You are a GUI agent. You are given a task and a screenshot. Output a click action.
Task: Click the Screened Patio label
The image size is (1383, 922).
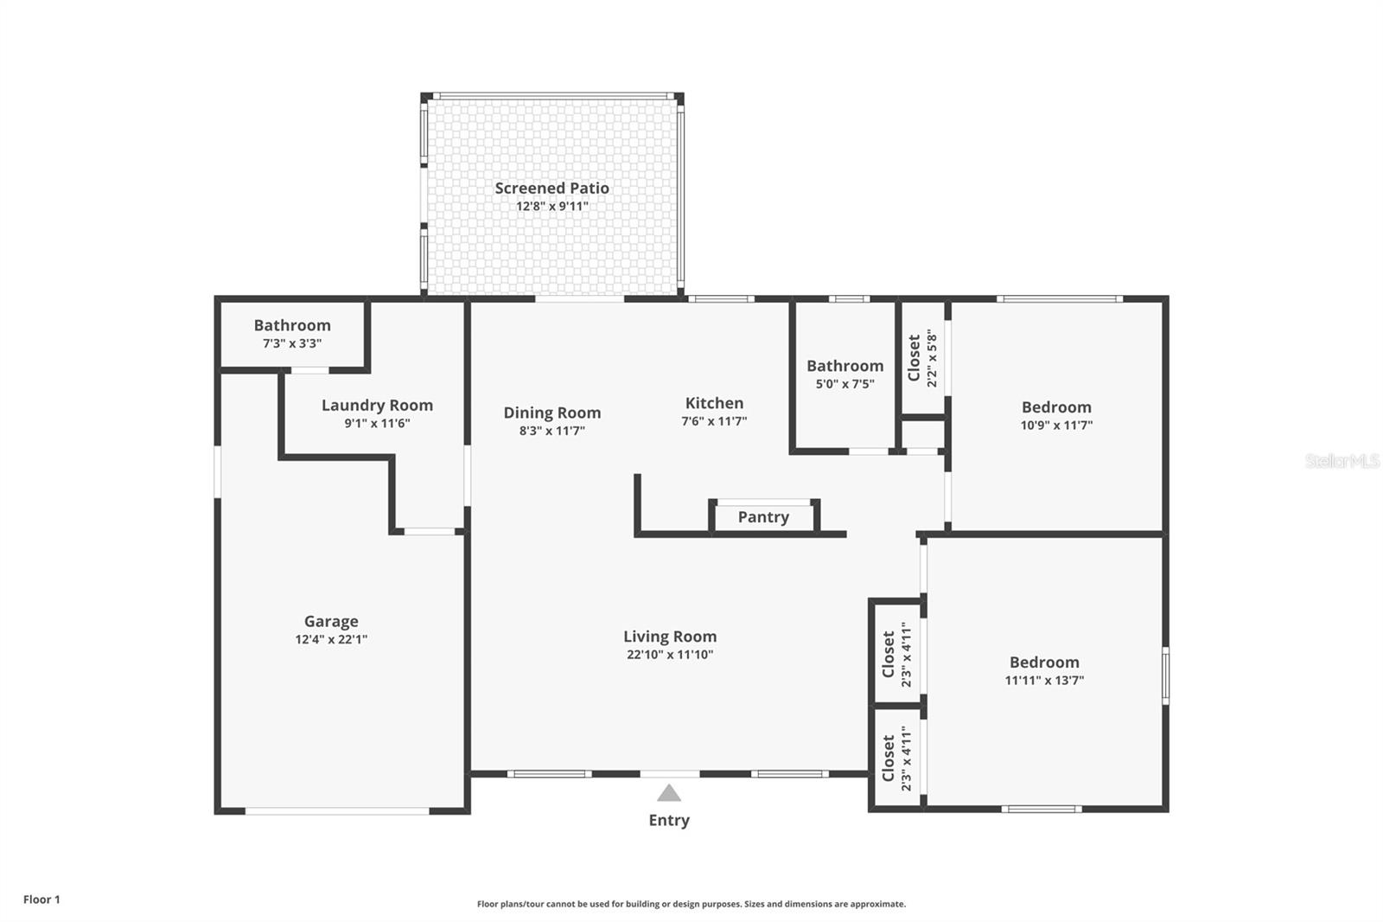pyautogui.click(x=551, y=188)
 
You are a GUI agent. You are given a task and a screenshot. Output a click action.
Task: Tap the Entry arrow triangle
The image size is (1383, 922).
pyautogui.click(x=668, y=793)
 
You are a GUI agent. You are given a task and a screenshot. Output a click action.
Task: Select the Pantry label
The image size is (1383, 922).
pyautogui.click(x=763, y=517)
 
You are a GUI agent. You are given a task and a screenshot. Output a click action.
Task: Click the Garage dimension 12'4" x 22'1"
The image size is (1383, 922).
pyautogui.click(x=331, y=640)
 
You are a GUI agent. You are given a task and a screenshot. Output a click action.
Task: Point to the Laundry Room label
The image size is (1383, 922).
pyautogui.click(x=377, y=405)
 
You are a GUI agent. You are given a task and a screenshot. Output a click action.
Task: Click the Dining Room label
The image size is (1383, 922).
pyautogui.click(x=551, y=413)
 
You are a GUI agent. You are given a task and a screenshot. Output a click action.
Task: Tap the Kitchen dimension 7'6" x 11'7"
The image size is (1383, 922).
pyautogui.click(x=714, y=421)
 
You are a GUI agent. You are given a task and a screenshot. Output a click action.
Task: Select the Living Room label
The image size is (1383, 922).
pyautogui.click(x=670, y=637)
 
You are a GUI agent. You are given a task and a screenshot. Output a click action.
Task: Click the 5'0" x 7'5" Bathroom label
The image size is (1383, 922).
pyautogui.click(x=844, y=366)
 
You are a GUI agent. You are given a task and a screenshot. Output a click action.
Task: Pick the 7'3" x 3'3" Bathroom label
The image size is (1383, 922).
pyautogui.click(x=292, y=325)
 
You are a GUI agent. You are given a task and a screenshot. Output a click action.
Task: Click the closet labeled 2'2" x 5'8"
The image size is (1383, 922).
pyautogui.click(x=921, y=358)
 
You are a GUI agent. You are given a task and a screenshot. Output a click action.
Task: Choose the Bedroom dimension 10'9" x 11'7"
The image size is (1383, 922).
pyautogui.click(x=1056, y=426)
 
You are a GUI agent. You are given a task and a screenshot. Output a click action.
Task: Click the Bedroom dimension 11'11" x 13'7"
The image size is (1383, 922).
pyautogui.click(x=1044, y=681)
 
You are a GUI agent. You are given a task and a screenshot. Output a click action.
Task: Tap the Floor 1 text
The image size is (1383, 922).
pyautogui.click(x=41, y=900)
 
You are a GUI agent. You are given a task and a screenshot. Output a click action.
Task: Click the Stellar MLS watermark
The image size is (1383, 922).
pyautogui.click(x=1342, y=461)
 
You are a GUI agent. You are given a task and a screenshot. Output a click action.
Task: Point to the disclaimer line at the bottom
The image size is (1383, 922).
pyautogui.click(x=691, y=904)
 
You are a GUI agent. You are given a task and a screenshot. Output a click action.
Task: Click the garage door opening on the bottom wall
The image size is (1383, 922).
pyautogui.click(x=337, y=810)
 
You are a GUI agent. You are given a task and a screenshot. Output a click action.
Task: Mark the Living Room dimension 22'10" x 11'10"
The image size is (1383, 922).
pyautogui.click(x=670, y=655)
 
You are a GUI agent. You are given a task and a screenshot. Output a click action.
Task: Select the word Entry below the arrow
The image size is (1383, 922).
pyautogui.click(x=669, y=820)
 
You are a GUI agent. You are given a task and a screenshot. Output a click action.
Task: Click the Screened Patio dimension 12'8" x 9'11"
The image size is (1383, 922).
pyautogui.click(x=551, y=207)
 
